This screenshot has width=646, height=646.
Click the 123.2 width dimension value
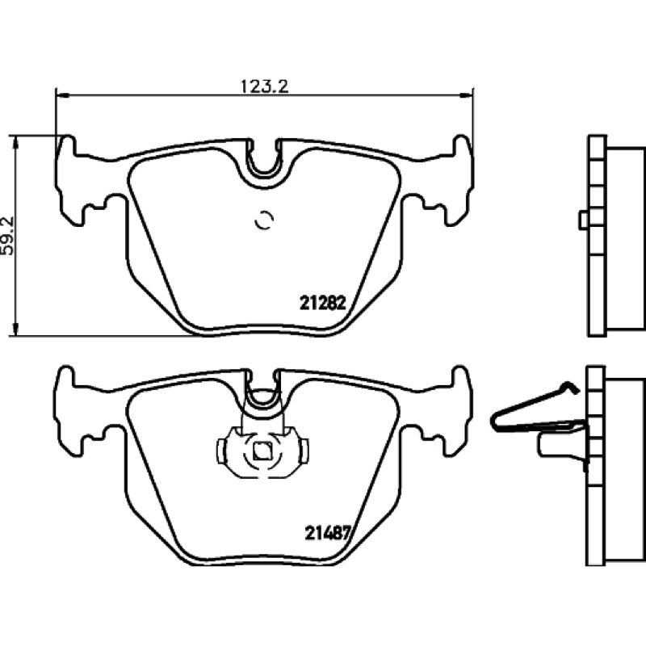[x=264, y=86]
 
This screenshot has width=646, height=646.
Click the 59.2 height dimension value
[x=8, y=236]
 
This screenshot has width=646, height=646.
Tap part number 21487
[x=327, y=534]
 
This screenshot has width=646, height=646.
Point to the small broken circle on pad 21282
[x=264, y=220]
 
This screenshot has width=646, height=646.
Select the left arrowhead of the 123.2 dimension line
[x=61, y=96]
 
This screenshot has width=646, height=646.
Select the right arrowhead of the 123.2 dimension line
[x=467, y=96]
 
